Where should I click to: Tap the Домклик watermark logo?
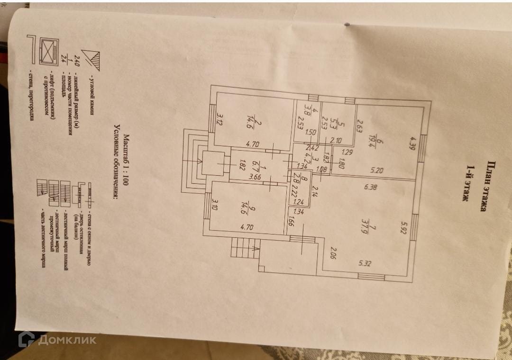point(57,339)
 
